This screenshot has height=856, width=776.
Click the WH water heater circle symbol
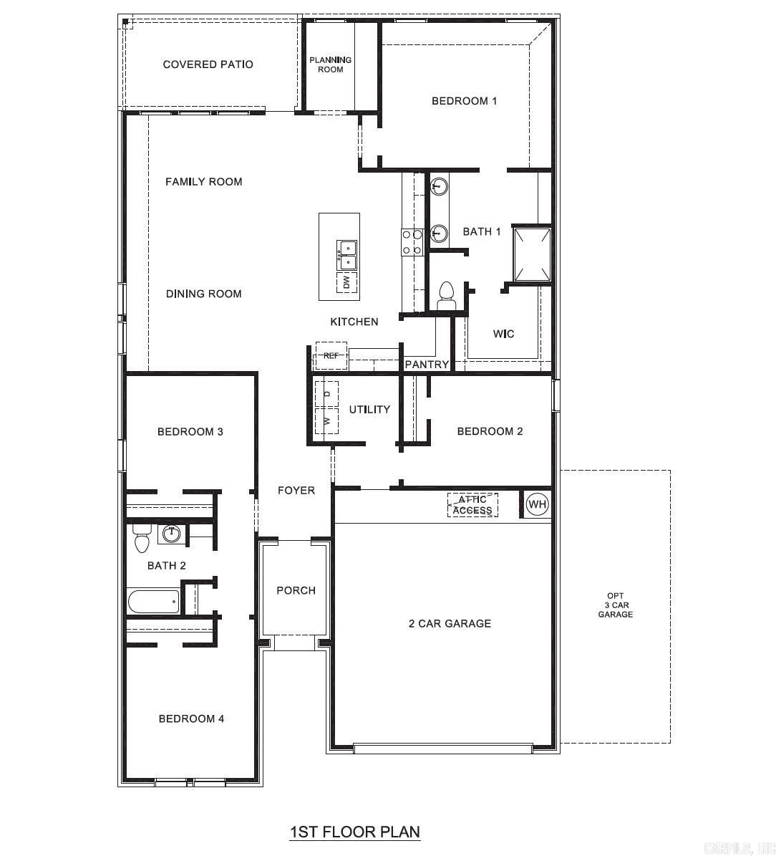537,504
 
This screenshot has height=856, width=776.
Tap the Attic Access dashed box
472,505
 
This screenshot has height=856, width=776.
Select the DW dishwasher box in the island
347,282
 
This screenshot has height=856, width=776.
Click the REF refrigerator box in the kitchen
331,356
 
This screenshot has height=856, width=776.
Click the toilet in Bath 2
141,537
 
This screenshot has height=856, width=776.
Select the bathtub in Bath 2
152,601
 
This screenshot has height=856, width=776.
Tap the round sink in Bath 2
172,534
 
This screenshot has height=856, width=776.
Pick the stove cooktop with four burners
412,242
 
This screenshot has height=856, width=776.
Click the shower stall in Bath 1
533,254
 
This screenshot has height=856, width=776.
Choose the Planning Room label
331,64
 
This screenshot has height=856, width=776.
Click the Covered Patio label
208,64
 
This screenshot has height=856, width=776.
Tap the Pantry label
427,365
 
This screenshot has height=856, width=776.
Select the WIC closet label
503,334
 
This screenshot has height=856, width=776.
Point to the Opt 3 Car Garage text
616,605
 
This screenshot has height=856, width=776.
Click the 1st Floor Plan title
354,832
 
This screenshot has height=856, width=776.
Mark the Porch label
296,590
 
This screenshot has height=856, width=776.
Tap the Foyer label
296,491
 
